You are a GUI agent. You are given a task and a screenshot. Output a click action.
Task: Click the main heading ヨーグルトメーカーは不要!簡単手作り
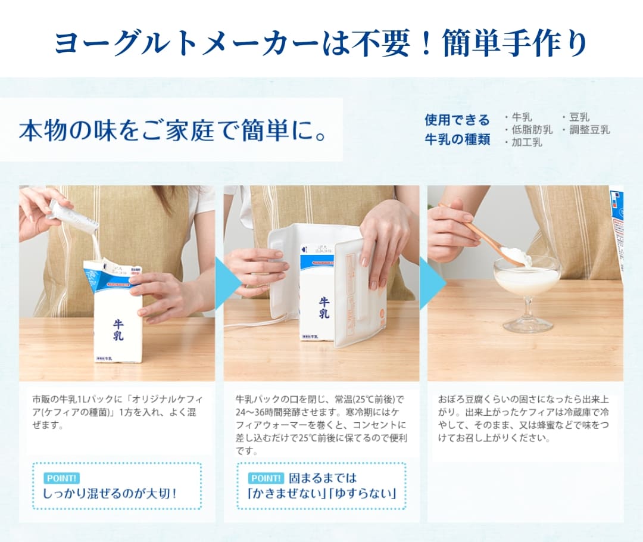click(x=321, y=43)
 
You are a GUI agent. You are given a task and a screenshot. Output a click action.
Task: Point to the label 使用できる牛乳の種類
click(x=457, y=129)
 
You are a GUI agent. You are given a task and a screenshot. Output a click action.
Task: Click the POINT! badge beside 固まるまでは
click(x=266, y=478)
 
